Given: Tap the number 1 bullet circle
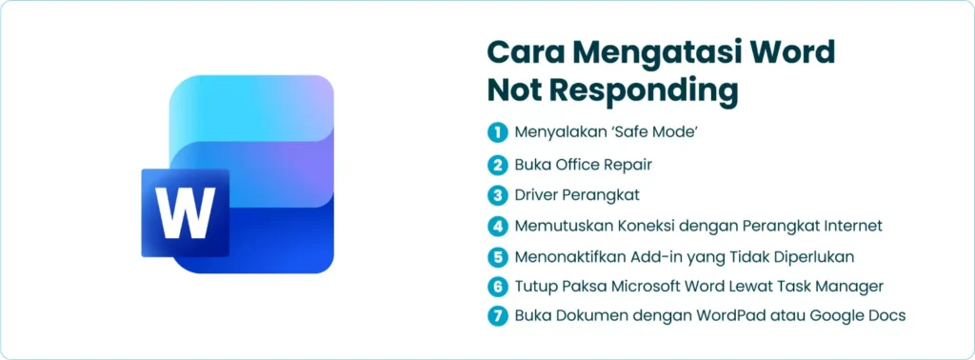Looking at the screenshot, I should tap(497, 132).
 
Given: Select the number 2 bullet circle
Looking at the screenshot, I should tap(497, 165).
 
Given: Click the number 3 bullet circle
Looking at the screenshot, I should tap(497, 195).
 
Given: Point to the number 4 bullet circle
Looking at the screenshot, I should tap(497, 226).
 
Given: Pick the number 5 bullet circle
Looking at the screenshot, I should tap(497, 256).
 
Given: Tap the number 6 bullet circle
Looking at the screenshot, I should tap(497, 286).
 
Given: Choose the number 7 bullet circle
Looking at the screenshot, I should tap(497, 316).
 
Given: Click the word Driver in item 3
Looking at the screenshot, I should tap(537, 195).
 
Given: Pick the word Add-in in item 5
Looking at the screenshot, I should tap(645, 256).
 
